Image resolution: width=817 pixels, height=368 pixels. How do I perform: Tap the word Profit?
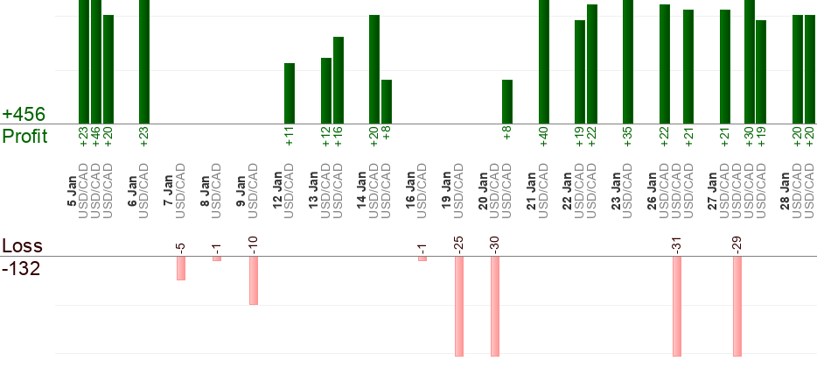click(24, 137)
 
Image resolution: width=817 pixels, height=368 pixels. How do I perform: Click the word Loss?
click(22, 246)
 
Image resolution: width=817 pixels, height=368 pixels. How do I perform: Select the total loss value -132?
click(22, 268)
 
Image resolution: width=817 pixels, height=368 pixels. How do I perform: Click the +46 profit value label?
click(96, 137)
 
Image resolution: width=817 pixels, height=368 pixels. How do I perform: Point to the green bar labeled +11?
click(290, 93)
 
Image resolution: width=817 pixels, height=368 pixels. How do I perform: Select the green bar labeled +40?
click(543, 61)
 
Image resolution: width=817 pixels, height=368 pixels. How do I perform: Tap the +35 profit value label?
click(628, 137)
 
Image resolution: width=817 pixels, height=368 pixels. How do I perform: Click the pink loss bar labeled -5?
click(181, 268)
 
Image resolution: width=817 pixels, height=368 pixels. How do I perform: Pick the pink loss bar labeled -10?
click(254, 280)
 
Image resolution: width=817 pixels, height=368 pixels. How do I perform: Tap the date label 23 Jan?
click(616, 189)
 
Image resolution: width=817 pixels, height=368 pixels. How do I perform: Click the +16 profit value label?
click(339, 137)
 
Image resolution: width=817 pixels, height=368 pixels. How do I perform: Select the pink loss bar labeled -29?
click(737, 307)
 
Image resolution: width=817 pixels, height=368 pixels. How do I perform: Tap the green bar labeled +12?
click(326, 90)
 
